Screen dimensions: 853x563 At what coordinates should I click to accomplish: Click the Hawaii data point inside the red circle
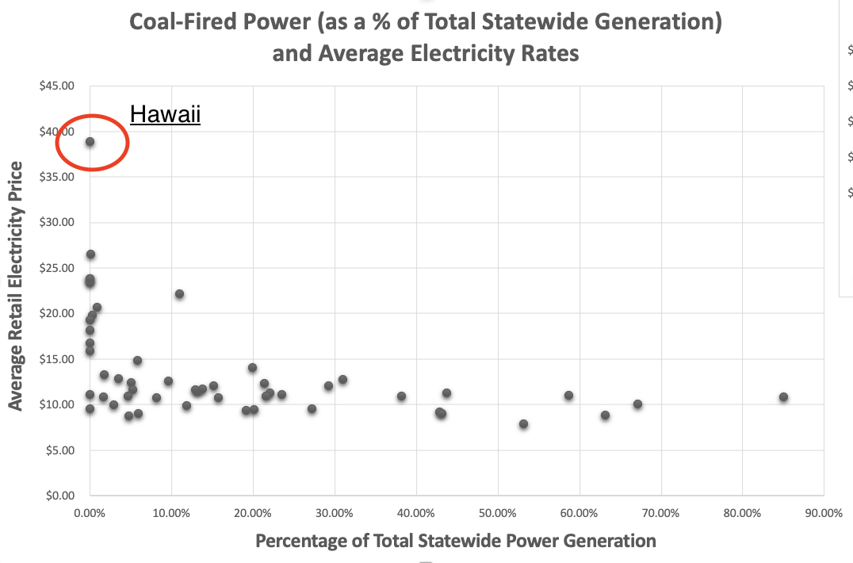[x=90, y=142]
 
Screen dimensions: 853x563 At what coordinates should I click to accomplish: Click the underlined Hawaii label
[x=166, y=114]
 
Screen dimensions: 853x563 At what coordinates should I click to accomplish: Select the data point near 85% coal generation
[x=783, y=397]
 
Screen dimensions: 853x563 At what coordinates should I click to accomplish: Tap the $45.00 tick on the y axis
[x=56, y=86]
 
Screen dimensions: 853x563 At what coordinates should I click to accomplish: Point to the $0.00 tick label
[x=59, y=496]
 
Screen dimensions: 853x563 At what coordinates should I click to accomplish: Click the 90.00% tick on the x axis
[x=824, y=513]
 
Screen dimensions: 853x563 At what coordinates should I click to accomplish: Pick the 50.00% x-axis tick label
[x=498, y=513]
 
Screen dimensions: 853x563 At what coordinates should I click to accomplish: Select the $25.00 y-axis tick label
[x=56, y=268]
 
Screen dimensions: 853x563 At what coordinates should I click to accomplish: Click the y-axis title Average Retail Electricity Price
[x=15, y=285]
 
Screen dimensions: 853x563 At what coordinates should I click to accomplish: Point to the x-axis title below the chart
[x=456, y=541]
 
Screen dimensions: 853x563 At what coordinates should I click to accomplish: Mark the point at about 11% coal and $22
[x=179, y=294]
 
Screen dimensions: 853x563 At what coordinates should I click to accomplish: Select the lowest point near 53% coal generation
[x=523, y=424]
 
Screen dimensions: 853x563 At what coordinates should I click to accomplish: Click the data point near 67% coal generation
[x=637, y=404]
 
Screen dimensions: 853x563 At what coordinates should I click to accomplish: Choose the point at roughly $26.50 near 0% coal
[x=91, y=255]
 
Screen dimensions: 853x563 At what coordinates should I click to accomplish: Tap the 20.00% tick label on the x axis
[x=253, y=513]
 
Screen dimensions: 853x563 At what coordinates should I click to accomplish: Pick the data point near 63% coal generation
[x=605, y=416]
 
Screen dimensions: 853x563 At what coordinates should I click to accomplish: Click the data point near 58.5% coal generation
[x=568, y=396]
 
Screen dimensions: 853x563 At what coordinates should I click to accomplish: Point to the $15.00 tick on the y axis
[x=56, y=359]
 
